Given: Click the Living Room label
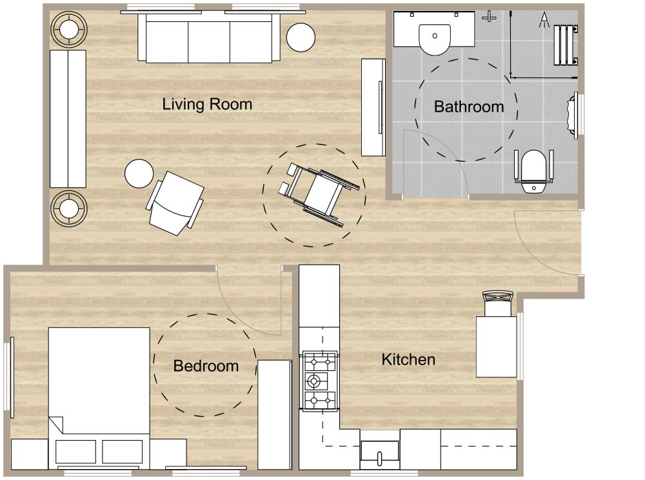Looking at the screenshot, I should tap(207, 104).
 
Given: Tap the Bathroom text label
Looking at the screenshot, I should tap(469, 106).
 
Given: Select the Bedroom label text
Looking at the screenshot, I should tap(206, 366).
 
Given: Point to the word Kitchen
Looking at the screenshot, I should tap(408, 359).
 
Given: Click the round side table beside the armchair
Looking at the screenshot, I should tap(139, 174).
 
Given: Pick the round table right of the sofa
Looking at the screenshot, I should tap(300, 37).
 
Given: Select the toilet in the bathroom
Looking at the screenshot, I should tap(533, 171).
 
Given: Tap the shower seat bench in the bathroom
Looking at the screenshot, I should tap(565, 44).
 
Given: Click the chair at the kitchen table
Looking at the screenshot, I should tap(498, 303).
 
